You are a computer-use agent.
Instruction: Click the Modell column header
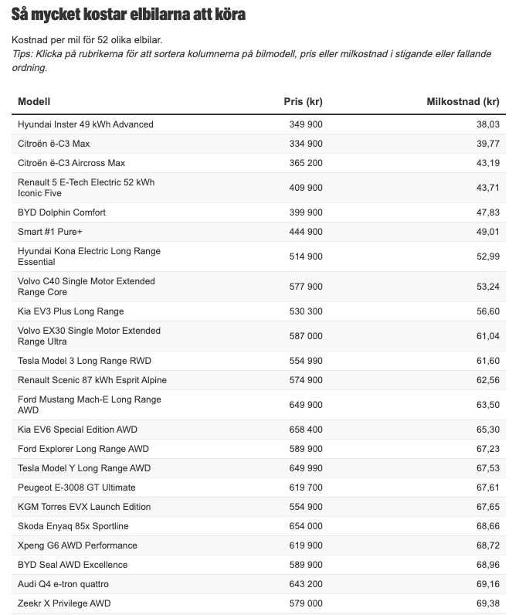tap(34, 102)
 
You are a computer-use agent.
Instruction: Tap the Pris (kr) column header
tap(304, 102)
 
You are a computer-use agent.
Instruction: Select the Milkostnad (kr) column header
tap(463, 102)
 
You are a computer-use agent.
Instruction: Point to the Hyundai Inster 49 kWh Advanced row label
tap(86, 124)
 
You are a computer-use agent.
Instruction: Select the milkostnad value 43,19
tap(488, 163)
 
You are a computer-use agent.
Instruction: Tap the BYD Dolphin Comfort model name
tap(62, 212)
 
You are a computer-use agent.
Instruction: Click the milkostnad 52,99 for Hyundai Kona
tap(488, 257)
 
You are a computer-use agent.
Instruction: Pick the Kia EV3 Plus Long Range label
tap(71, 311)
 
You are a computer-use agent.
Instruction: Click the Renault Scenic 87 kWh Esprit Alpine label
tap(92, 380)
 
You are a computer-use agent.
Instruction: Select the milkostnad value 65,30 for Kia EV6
tap(488, 430)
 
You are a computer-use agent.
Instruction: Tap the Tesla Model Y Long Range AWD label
tap(84, 468)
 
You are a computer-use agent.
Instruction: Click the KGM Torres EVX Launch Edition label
tap(84, 507)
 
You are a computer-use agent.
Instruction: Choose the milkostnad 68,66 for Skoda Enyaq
tap(488, 526)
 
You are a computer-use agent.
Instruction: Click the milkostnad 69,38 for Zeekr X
tap(488, 603)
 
